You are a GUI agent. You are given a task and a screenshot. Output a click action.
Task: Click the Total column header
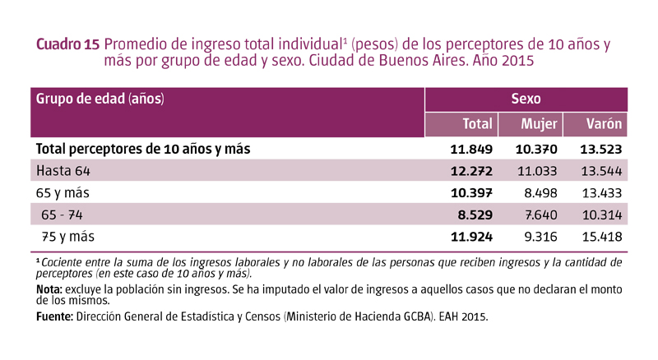click(x=476, y=124)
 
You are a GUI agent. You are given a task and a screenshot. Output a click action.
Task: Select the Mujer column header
click(x=540, y=124)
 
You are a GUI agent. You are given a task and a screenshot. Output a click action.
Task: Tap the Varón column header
click(x=604, y=124)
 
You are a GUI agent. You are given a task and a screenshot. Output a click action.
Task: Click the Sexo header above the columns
click(x=526, y=99)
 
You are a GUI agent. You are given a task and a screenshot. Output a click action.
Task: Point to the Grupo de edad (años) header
click(x=100, y=99)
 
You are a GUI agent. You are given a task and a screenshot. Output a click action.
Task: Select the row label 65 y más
click(x=62, y=193)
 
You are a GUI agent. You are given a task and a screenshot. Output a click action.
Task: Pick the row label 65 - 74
click(x=63, y=215)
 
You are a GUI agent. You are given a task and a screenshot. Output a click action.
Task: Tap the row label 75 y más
click(x=68, y=237)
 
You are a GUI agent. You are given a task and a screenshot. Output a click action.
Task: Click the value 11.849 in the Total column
click(x=471, y=150)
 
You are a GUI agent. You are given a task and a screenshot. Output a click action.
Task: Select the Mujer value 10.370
click(x=536, y=150)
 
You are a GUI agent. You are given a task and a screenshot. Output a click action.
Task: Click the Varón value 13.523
click(x=600, y=150)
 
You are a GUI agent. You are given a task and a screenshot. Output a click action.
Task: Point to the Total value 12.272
click(x=471, y=171)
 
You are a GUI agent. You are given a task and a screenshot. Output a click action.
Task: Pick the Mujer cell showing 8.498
click(x=540, y=193)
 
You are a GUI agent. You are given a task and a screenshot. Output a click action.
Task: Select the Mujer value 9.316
click(x=540, y=237)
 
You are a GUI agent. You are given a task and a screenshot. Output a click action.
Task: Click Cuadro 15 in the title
click(x=68, y=45)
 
